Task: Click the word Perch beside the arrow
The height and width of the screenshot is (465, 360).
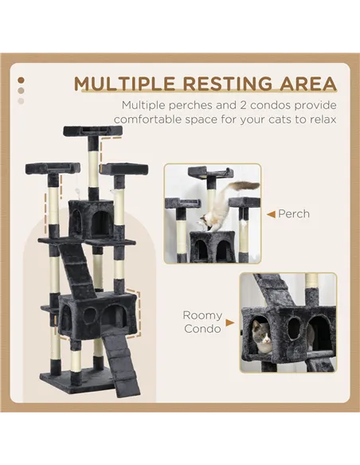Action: pyautogui.click(x=294, y=214)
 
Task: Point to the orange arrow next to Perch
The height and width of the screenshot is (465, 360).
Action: pyautogui.click(x=271, y=214)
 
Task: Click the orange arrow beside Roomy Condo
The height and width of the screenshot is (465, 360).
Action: pyautogui.click(x=229, y=323)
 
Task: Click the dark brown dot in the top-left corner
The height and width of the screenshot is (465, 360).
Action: pyautogui.click(x=21, y=80)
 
